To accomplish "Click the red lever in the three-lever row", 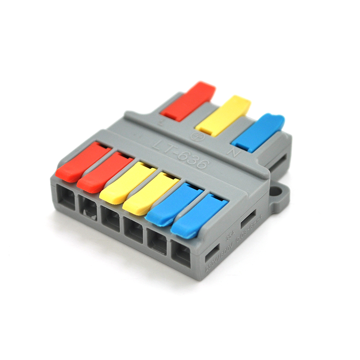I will pos(188,102).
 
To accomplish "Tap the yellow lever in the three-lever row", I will pos(223,116).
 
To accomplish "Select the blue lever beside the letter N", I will pos(258,132).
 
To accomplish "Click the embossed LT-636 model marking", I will pos(180,153).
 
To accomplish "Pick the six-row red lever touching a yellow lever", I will pos(105,172).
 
